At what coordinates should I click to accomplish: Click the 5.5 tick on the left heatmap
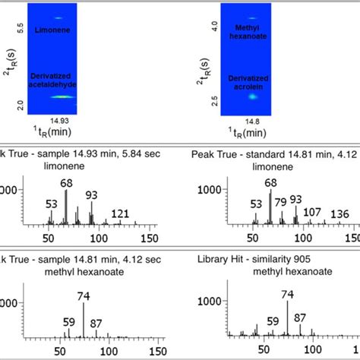point(21,28)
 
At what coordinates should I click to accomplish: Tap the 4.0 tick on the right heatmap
point(215,25)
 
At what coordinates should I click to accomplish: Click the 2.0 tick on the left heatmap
point(21,107)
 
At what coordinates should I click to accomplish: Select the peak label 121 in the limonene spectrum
point(120,214)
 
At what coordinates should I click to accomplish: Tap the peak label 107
point(312,211)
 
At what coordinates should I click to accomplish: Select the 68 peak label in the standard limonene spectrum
point(271,182)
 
